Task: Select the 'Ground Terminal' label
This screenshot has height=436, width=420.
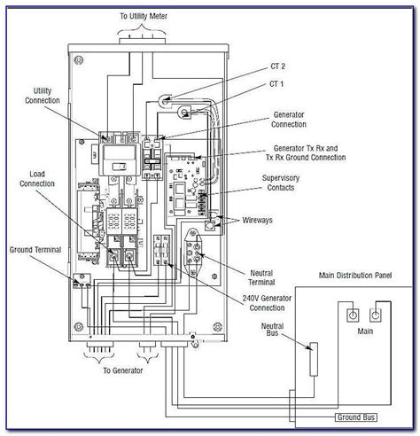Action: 35,251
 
